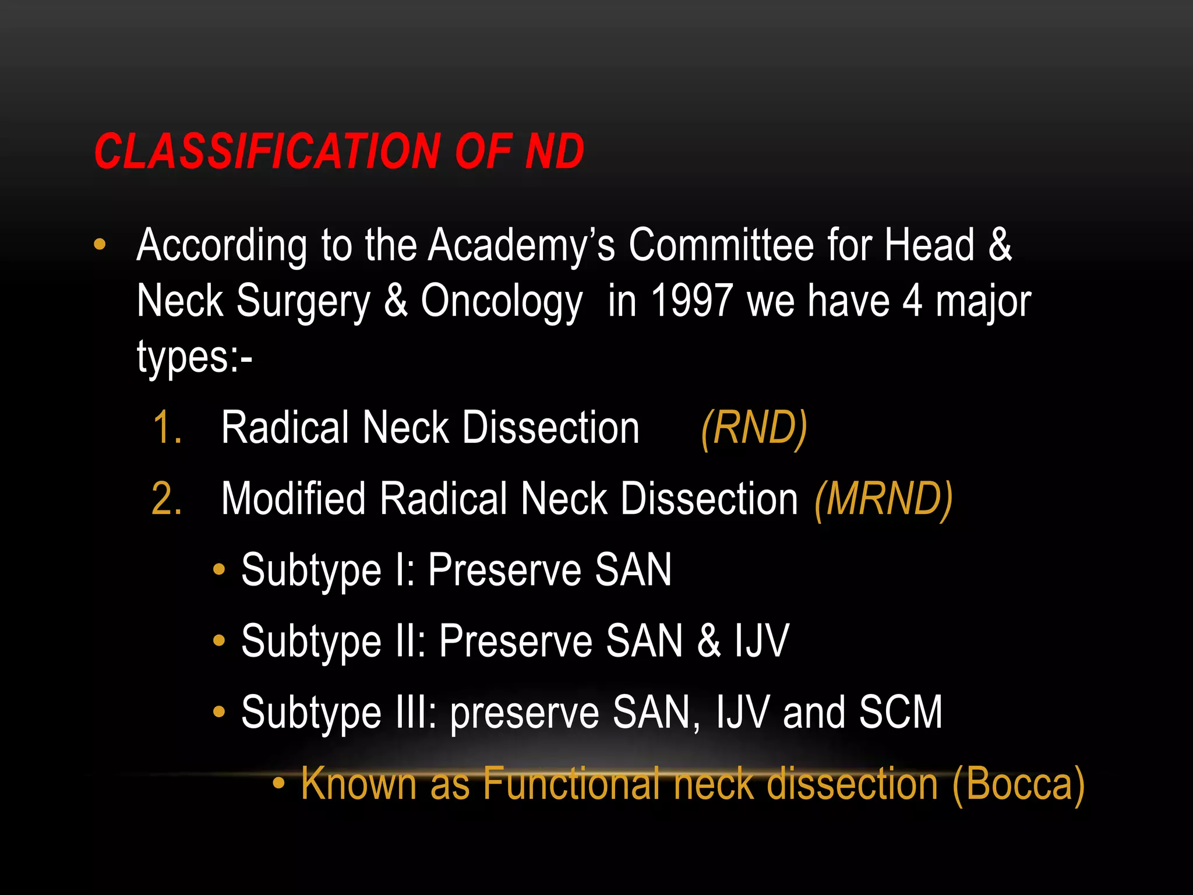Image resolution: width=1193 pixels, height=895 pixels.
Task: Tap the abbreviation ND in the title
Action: click(x=555, y=151)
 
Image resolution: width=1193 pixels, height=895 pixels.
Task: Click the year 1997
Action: click(x=691, y=301)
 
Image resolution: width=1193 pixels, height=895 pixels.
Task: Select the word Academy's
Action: click(x=521, y=245)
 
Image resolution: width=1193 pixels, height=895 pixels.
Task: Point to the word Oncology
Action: click(x=502, y=301)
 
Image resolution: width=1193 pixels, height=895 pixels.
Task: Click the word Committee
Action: click(x=721, y=245)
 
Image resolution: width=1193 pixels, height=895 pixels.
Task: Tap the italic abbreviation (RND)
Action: click(x=754, y=428)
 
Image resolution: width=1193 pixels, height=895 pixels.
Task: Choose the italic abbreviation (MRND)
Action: click(x=884, y=499)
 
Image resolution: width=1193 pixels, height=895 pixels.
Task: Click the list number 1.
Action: click(x=167, y=428)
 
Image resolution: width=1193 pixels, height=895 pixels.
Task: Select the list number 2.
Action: click(x=167, y=499)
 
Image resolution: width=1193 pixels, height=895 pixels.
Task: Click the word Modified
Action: click(x=293, y=499)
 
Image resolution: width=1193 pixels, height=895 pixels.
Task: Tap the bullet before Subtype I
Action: click(x=219, y=569)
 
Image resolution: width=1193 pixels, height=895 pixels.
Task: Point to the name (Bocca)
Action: click(x=1018, y=784)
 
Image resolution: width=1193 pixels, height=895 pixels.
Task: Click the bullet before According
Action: click(x=100, y=245)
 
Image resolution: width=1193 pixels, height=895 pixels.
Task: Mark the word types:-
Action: click(x=195, y=357)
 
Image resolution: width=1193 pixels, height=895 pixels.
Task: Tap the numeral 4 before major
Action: click(x=912, y=301)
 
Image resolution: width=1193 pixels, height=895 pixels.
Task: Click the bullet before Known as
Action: click(x=279, y=784)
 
